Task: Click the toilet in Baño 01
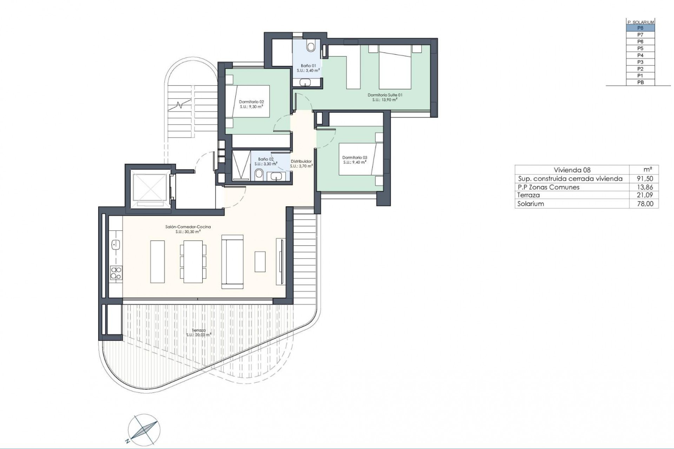click(311, 46)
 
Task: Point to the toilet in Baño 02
click(259, 174)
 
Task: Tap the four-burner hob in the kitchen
click(116, 273)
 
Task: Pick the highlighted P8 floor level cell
click(640, 28)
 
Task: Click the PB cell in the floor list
click(640, 82)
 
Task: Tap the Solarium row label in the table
click(530, 204)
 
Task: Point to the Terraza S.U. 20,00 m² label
click(199, 333)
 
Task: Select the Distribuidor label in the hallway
click(301, 163)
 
